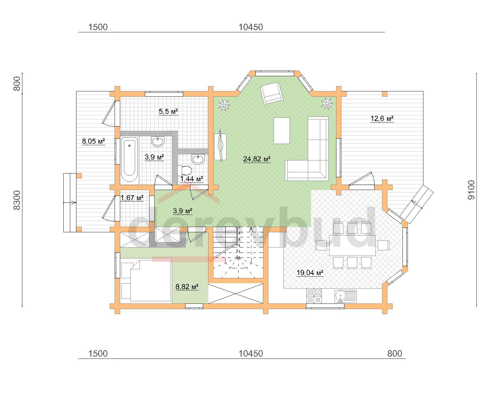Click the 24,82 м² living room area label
click(257, 159)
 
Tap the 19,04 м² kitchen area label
click(310, 273)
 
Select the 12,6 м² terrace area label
click(382, 119)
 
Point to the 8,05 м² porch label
click(93, 141)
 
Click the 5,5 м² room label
click(168, 111)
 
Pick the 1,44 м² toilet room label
click(191, 179)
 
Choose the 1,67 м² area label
click(132, 198)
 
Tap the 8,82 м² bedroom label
click(187, 287)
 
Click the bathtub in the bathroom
click(129, 159)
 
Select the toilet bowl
click(185, 170)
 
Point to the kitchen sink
click(345, 296)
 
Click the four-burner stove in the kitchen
click(314, 296)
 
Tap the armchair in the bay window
click(272, 93)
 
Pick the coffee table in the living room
click(282, 131)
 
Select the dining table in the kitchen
click(352, 245)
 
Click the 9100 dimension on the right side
click(471, 190)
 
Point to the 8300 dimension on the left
click(17, 200)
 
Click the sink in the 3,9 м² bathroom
click(158, 141)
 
